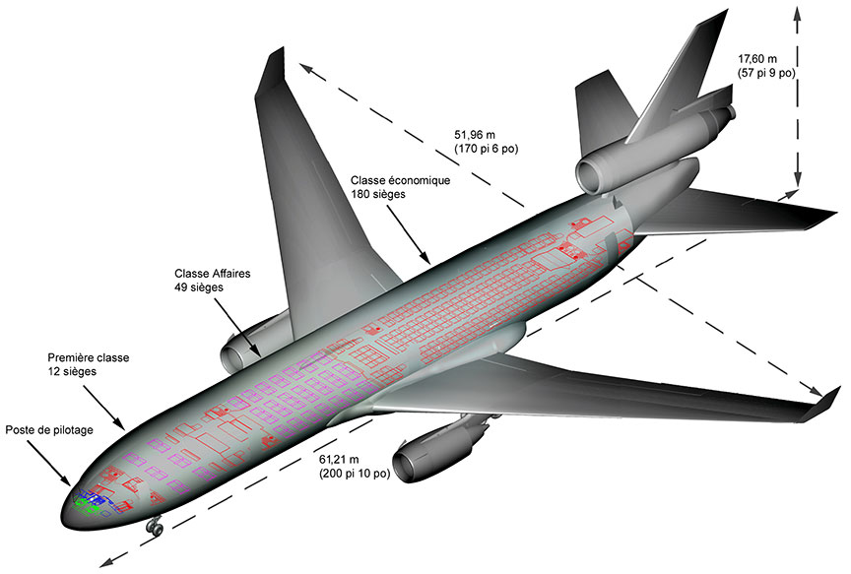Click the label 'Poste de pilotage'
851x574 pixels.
(x=49, y=430)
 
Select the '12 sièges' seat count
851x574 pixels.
(x=72, y=371)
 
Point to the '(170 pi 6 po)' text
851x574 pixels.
(x=486, y=149)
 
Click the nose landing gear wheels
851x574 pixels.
(x=155, y=529)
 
